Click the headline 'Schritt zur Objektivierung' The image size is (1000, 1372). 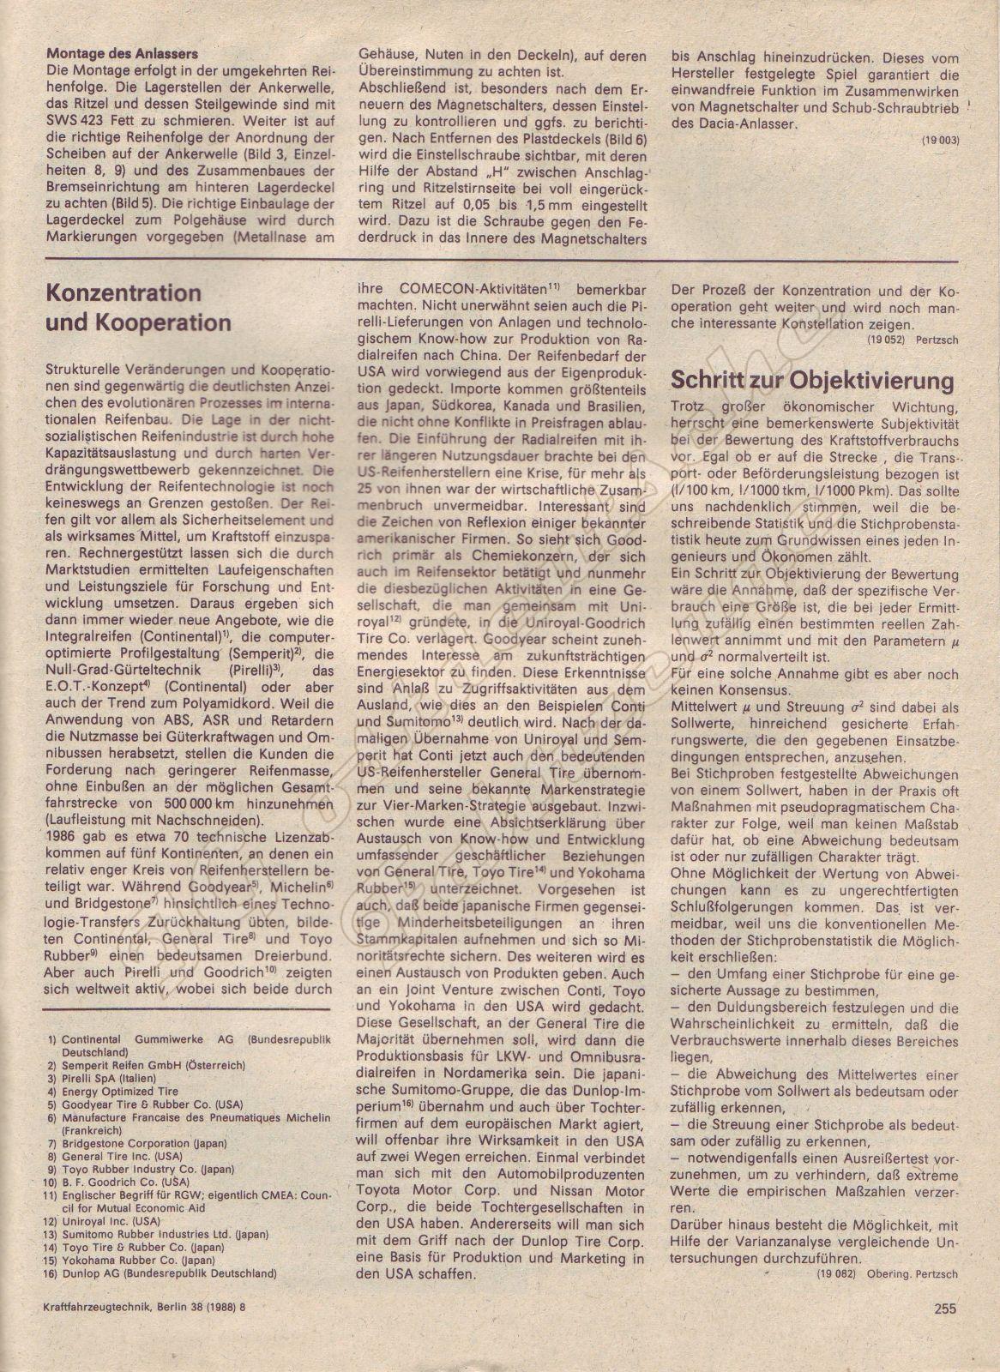(x=812, y=381)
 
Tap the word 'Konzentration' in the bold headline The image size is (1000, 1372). (x=124, y=292)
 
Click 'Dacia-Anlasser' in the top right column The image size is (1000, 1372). (x=733, y=122)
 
